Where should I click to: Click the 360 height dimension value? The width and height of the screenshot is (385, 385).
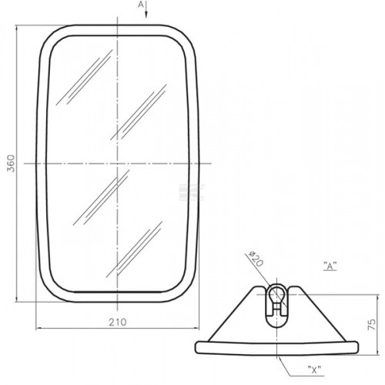pos(11,163)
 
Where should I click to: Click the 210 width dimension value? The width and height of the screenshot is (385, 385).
pos(118,322)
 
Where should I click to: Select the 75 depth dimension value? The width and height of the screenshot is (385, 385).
pos(372,325)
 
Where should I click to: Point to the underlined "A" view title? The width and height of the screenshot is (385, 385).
pos(330,266)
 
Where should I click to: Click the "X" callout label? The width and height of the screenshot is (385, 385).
pos(315,370)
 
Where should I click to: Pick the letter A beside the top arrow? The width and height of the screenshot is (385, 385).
pos(141,5)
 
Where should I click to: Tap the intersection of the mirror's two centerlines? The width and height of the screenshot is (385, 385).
pos(117,163)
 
